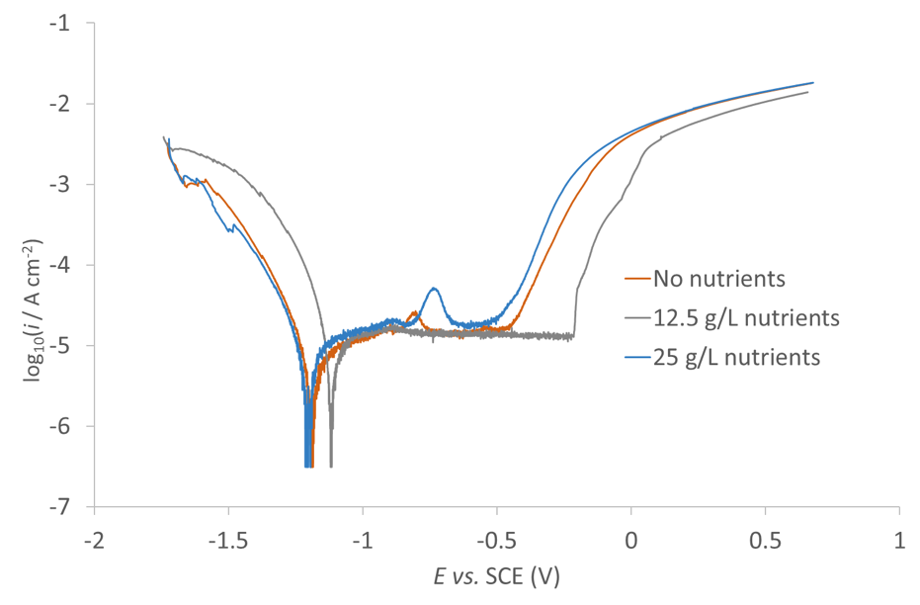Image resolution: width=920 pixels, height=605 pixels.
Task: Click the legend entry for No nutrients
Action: [718, 278]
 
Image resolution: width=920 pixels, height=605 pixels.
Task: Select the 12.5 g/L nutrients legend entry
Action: [746, 317]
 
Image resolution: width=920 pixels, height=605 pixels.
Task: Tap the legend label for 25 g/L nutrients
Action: [736, 357]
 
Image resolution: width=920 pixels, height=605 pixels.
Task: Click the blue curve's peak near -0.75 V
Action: [434, 289]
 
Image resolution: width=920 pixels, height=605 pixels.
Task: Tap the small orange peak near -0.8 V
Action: [413, 313]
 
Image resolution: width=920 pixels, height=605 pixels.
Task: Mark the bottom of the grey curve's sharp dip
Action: [331, 466]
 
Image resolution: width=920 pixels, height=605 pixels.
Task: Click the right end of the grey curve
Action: [808, 92]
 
